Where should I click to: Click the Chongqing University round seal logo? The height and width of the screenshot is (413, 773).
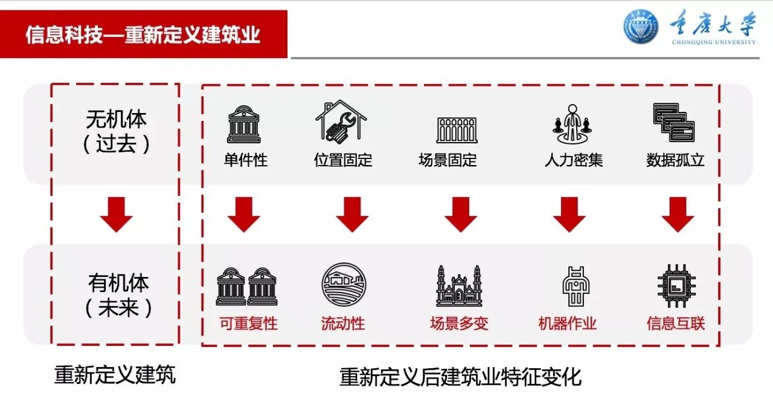pos(641,27)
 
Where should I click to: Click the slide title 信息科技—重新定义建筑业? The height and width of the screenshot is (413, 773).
pos(143,34)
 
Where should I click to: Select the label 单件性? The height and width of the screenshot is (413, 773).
pos(245,160)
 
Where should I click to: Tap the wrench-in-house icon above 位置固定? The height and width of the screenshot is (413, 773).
pos(341,121)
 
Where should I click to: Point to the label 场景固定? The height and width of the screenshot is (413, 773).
pos(447,160)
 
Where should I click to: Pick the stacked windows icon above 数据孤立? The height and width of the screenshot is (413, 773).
pos(674,122)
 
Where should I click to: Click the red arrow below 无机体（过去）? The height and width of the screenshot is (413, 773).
pos(116,215)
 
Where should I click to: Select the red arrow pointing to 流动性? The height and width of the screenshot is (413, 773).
pos(352,215)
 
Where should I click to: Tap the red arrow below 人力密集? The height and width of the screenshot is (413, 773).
pos(569,215)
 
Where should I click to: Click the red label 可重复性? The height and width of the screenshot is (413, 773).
pos(248,324)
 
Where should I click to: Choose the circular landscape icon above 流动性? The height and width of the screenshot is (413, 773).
pos(344,285)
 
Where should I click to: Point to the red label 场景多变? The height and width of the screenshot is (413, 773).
pos(459,324)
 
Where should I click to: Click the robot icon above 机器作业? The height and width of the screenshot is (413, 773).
pos(576,285)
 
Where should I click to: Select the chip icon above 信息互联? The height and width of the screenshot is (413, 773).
pos(676,285)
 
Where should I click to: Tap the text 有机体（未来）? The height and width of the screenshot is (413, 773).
pos(118,295)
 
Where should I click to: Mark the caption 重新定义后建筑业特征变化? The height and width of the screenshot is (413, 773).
pos(460,377)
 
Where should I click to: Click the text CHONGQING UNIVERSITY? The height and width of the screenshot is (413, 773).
pos(713,42)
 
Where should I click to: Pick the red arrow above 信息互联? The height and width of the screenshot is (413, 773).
pos(677,215)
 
